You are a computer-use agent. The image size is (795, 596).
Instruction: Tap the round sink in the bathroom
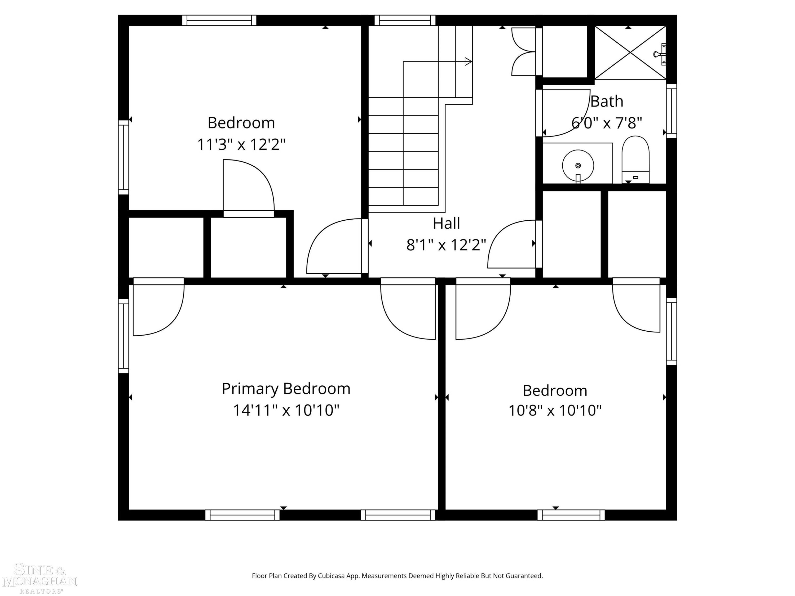coord(578,166)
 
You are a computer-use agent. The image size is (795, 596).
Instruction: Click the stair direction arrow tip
coord(471,61)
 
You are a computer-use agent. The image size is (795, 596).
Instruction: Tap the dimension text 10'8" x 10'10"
coord(555,410)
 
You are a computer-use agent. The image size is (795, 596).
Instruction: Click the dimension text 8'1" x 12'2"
coord(446,245)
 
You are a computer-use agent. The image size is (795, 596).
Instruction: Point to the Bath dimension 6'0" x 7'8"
coord(607,123)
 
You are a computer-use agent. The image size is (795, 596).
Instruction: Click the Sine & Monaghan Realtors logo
coord(39,579)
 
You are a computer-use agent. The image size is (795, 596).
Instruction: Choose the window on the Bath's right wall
coord(671,111)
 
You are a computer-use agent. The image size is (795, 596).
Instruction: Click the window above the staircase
coord(405,20)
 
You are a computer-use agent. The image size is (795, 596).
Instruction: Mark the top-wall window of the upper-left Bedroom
coord(219,20)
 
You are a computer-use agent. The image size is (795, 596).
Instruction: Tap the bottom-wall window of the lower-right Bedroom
coord(571,515)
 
